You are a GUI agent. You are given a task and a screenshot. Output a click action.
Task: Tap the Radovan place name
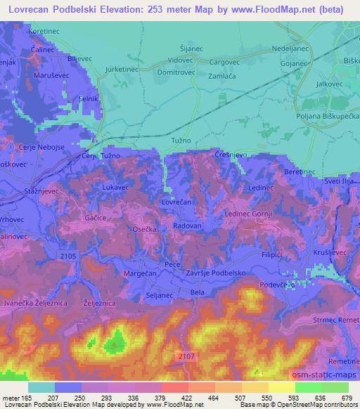(187, 227)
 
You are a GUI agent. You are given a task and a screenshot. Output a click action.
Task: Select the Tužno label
(181, 141)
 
